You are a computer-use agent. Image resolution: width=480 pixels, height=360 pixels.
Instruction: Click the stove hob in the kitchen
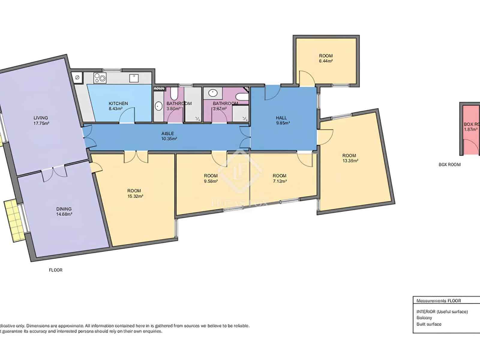[100, 78]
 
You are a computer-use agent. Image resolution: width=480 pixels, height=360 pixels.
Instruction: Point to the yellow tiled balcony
[13, 221]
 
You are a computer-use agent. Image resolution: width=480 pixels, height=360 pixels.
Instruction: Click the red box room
[471, 129]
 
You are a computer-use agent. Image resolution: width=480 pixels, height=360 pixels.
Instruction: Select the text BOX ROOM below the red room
[449, 164]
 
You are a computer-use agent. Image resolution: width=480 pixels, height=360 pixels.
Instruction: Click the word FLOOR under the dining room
[56, 270]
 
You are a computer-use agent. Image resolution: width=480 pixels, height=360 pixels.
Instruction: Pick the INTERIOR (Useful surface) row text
[442, 312]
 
